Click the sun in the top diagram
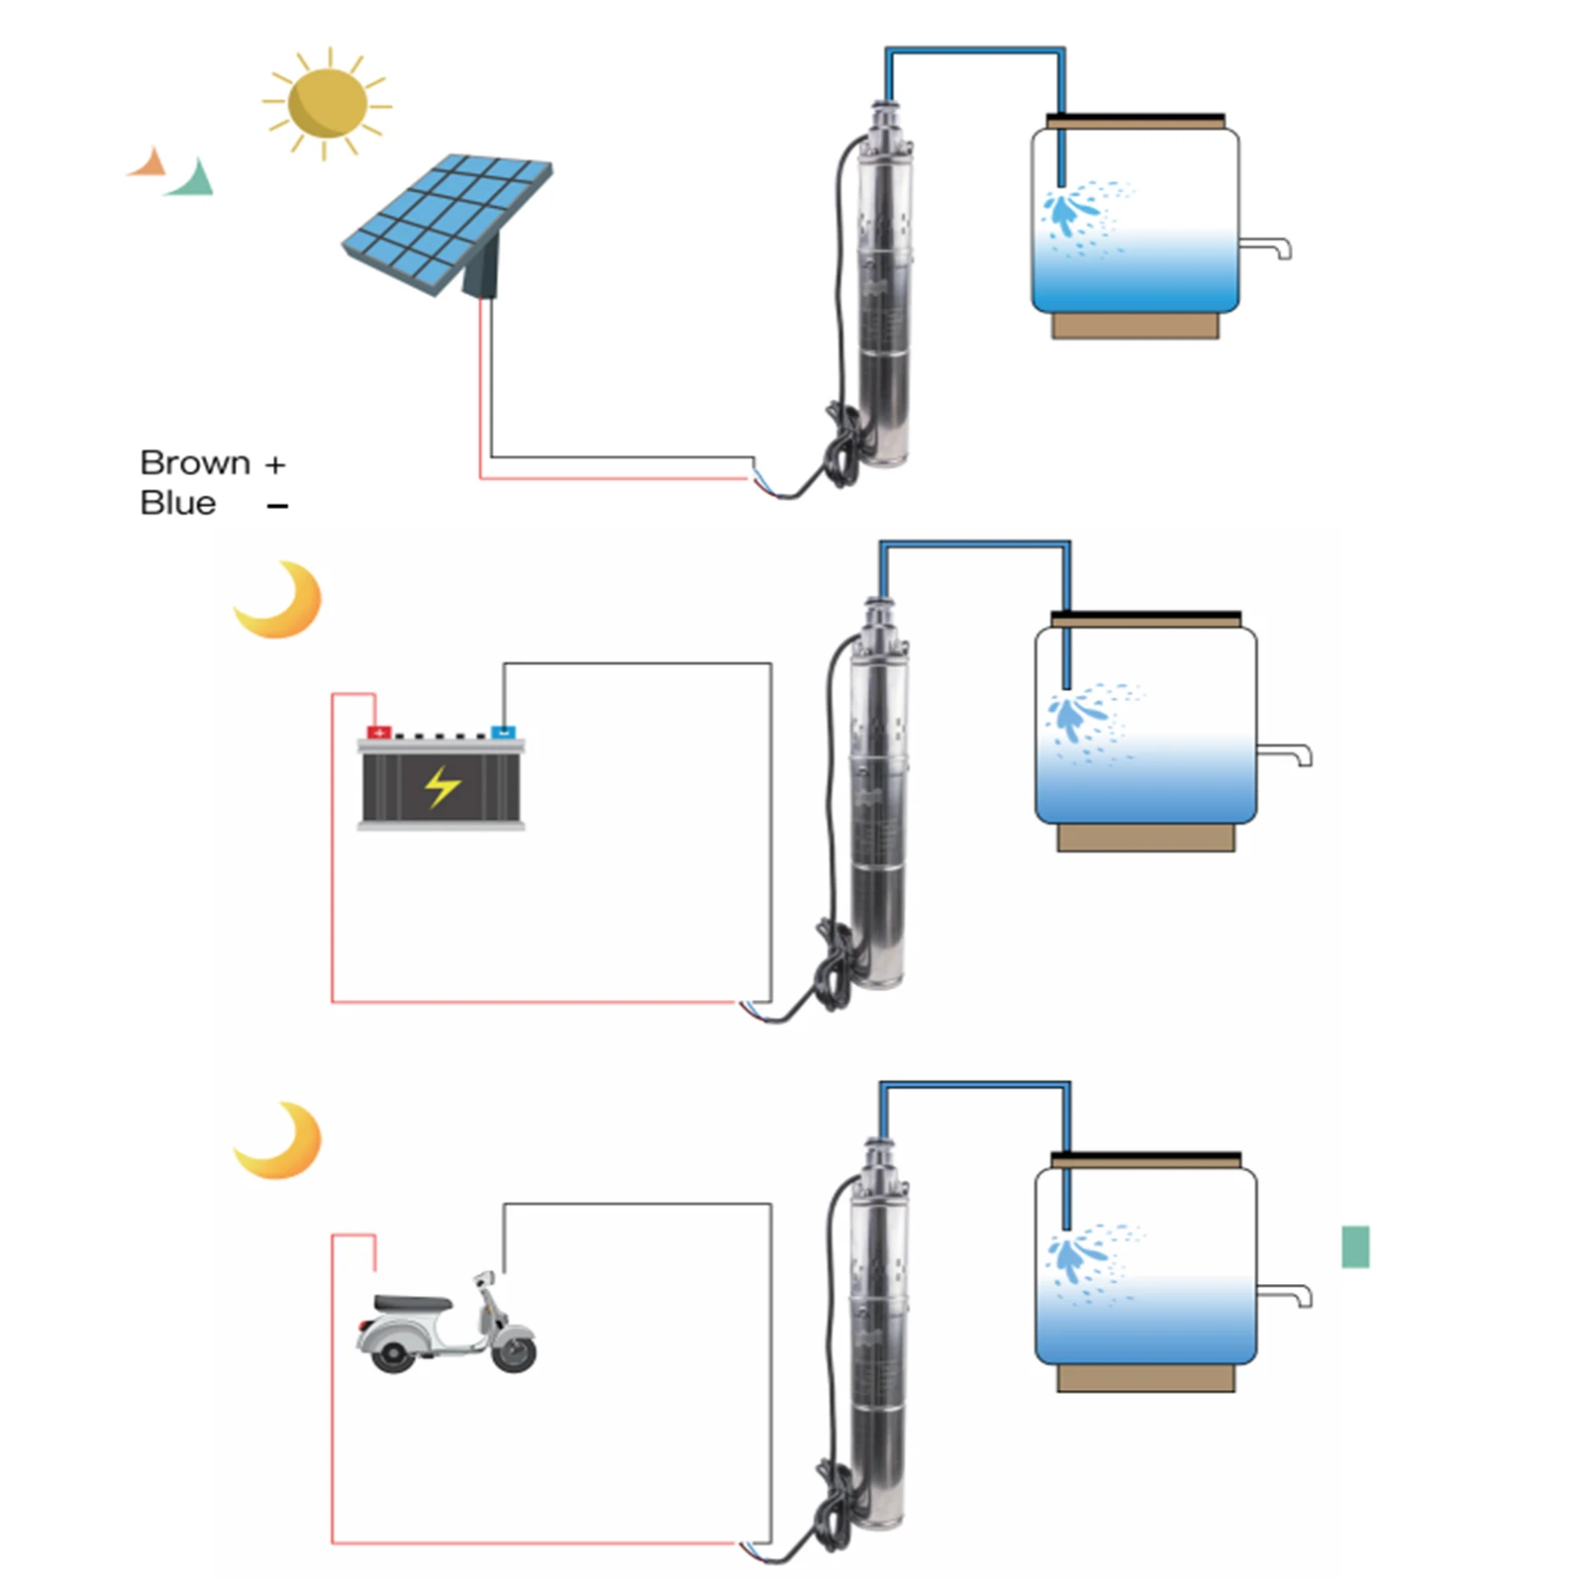coord(327,103)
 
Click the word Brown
coord(195,463)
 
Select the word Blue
coord(178,503)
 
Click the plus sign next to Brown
coord(275,464)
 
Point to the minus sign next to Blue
coord(277,506)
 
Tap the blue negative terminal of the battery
coord(503,733)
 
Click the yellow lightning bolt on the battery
coord(442,787)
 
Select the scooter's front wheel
coord(514,1352)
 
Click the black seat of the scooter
coord(413,1303)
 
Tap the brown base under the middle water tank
coord(1145,838)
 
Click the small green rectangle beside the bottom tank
coord(1355,1246)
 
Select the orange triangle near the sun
coord(148,163)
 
